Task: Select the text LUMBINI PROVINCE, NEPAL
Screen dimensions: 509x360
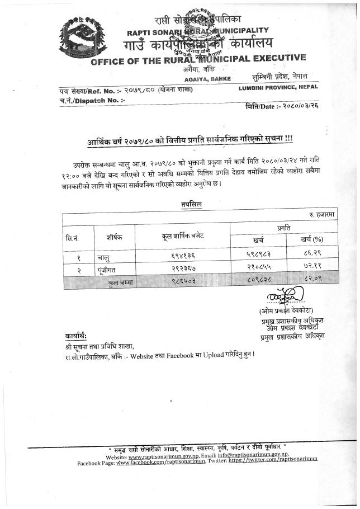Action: point(277,88)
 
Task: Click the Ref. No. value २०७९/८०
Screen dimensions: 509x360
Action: point(139,90)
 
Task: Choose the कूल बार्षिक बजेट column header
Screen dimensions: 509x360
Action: point(179,237)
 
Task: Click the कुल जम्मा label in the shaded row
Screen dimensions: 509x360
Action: point(122,283)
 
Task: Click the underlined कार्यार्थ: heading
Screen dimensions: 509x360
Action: point(75,336)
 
